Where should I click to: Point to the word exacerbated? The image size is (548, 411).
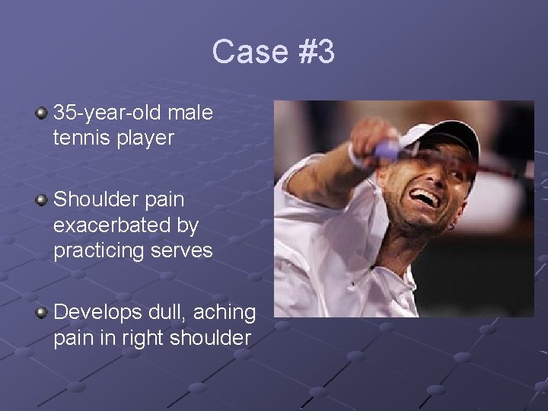tap(126, 226)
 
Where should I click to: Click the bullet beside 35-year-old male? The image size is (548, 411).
tap(41, 114)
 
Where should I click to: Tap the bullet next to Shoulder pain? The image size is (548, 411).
tap(41, 200)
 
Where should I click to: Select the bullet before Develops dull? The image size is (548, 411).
tap(41, 312)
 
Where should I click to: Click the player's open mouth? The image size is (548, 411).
tap(425, 199)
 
